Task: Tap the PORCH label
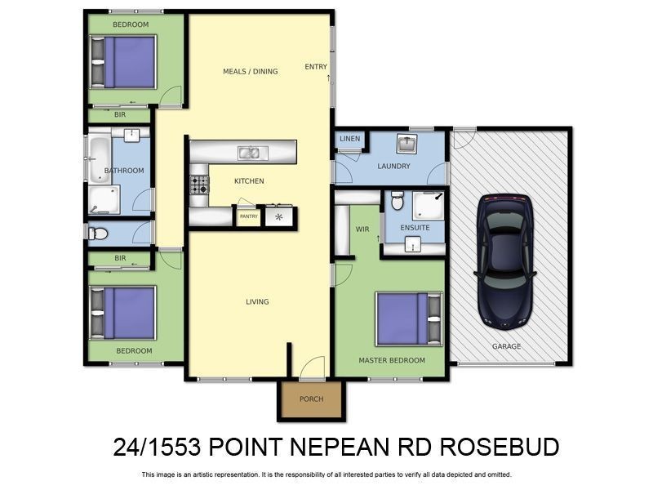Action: (312, 399)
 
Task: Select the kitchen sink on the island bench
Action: (250, 152)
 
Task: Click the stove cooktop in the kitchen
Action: (199, 185)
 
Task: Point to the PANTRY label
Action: (248, 216)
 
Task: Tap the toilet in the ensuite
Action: (397, 199)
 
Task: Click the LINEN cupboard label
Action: (349, 139)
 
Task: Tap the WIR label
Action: (363, 229)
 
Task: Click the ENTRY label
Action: (315, 67)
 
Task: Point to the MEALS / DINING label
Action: (251, 72)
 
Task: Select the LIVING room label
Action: (257, 302)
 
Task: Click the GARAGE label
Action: (506, 346)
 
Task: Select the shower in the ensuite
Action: (428, 206)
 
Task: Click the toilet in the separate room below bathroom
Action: (99, 234)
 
